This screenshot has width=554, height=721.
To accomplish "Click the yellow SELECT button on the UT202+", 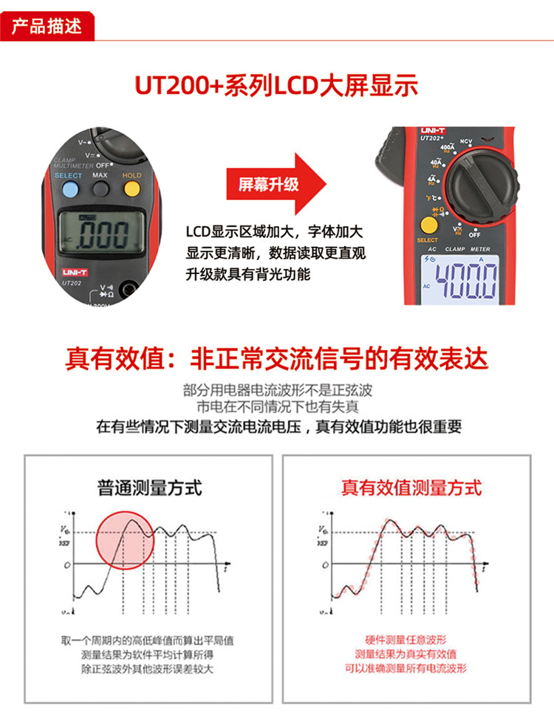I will (x=428, y=225).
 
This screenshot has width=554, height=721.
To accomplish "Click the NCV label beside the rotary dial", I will (x=466, y=141).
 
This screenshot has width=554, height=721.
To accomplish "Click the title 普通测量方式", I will (x=149, y=488).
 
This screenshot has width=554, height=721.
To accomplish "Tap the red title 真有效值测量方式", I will (x=411, y=488).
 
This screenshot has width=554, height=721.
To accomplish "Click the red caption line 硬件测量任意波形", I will (x=406, y=640).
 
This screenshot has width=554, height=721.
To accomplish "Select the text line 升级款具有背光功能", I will (x=248, y=275).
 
